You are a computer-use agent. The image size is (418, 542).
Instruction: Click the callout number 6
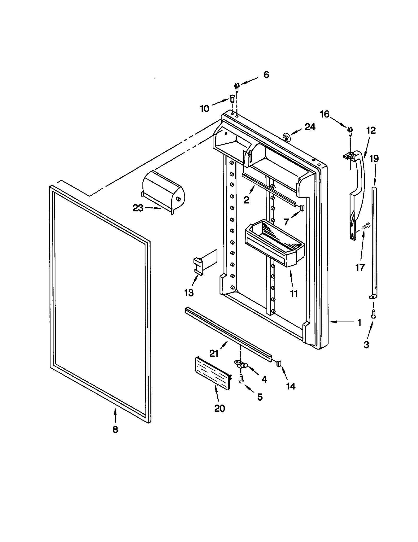tap(266, 75)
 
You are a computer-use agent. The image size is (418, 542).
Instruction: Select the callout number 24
tap(310, 127)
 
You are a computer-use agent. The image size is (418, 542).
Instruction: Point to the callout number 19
tap(374, 159)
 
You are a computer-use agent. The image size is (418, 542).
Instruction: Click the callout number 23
tap(138, 208)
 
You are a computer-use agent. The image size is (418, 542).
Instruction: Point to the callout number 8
tap(115, 429)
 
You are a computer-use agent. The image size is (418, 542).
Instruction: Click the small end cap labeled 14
tap(279, 363)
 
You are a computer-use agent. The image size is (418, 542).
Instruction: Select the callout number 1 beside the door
tap(359, 323)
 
